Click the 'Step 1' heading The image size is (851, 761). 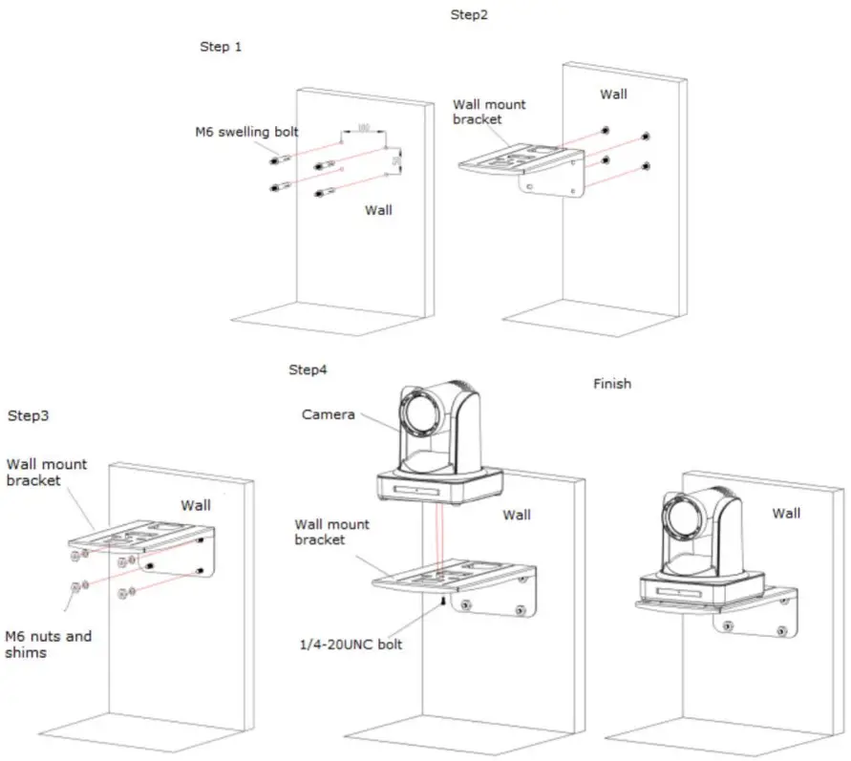click(220, 46)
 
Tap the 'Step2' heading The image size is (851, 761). click(469, 15)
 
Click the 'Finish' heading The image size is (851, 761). click(611, 384)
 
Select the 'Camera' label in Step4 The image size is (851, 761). click(329, 414)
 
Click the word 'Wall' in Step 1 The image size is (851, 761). click(378, 210)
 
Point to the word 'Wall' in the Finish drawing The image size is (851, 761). click(786, 514)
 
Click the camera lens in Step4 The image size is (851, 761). click(421, 412)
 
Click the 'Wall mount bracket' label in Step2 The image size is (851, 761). click(489, 112)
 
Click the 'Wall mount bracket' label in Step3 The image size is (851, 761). click(46, 472)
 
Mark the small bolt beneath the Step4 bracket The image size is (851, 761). click(444, 603)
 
